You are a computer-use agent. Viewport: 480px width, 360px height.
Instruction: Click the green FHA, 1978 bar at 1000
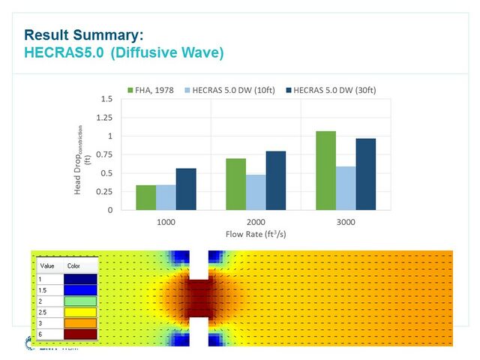click(146, 197)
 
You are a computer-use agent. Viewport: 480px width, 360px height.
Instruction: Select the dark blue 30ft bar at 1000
click(186, 189)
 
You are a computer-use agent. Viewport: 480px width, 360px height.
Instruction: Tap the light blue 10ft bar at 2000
click(256, 192)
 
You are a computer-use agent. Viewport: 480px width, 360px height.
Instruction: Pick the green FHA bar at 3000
click(325, 170)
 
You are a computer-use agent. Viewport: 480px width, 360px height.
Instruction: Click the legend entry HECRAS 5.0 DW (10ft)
click(232, 91)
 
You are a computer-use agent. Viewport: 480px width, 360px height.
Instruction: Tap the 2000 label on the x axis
click(256, 223)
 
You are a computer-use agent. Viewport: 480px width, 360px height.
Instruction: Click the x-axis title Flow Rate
click(256, 234)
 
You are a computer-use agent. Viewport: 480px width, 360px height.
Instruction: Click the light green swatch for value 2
click(80, 301)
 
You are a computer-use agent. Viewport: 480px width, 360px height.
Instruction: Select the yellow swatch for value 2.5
click(80, 312)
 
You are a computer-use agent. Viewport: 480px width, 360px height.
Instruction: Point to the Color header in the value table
click(73, 265)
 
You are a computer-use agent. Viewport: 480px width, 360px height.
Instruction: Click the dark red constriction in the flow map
click(199, 298)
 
